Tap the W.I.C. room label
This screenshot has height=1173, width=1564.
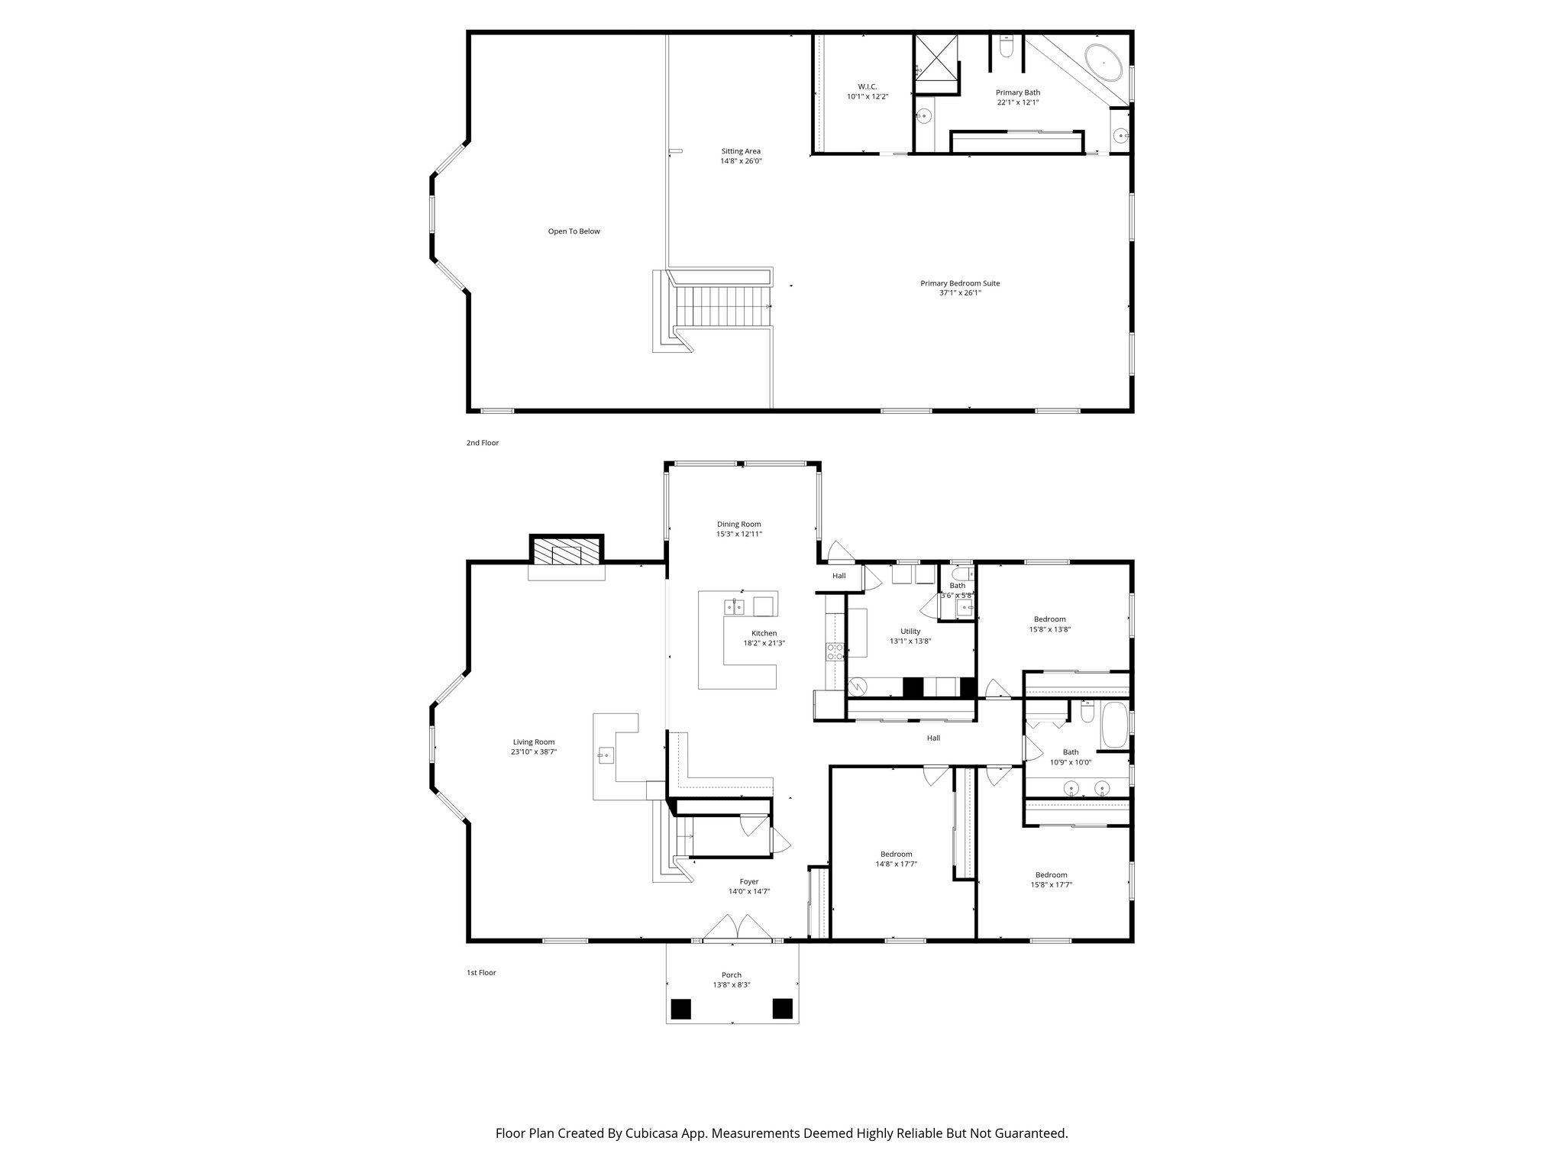click(x=867, y=86)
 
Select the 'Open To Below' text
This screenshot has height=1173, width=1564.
click(x=574, y=231)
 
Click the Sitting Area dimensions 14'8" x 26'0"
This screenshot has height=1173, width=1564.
click(x=741, y=161)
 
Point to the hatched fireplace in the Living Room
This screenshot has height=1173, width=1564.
click(x=566, y=554)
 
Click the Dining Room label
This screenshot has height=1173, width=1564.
click(x=738, y=524)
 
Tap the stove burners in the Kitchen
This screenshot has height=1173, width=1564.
click(x=834, y=651)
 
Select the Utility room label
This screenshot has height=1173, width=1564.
click(x=910, y=631)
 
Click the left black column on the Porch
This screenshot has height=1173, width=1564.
click(x=680, y=1009)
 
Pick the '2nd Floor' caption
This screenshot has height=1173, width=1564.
click(x=483, y=443)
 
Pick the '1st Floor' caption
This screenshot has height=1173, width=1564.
click(x=481, y=973)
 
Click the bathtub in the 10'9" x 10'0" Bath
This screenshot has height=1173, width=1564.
click(x=1114, y=725)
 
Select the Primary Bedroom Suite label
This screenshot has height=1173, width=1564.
click(x=959, y=283)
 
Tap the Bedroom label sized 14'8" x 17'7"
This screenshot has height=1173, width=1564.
click(x=896, y=854)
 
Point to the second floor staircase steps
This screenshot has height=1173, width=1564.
click(x=722, y=305)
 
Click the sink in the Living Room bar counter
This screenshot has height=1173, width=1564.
click(x=606, y=755)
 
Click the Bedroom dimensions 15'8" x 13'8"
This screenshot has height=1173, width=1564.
click(x=1049, y=630)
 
